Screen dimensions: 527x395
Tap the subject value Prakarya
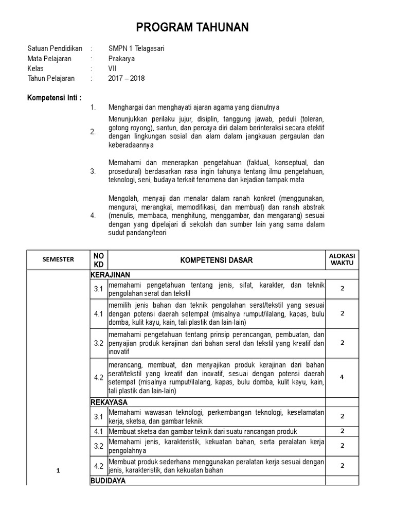121,59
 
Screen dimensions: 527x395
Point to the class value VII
112,68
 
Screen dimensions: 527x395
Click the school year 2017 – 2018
127,78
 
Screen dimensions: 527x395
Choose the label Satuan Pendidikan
55,49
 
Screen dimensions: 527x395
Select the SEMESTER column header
58,260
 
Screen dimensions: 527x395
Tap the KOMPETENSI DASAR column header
217,260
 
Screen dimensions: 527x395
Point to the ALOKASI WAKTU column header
342,260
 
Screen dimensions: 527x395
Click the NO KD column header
98,260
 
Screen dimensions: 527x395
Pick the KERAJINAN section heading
110,275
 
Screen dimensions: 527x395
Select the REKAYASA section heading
109,402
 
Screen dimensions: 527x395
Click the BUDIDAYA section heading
108,481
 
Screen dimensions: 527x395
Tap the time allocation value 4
342,377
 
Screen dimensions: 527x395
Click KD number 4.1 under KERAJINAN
98,313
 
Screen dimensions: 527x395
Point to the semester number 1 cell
58,470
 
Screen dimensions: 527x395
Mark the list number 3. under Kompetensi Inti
93,171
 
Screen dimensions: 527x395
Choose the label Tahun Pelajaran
51,78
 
